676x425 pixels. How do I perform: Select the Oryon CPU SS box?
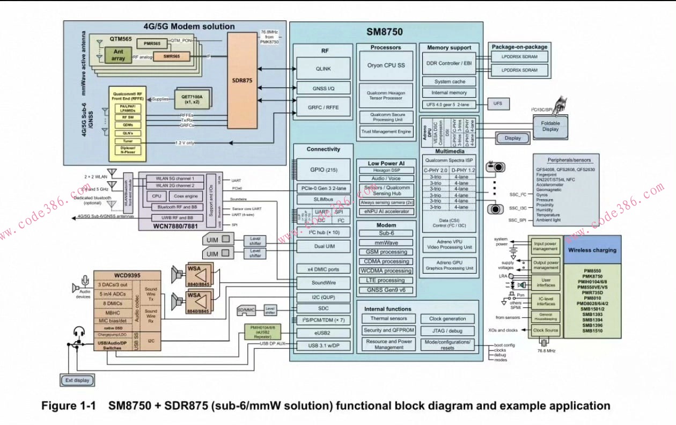coord(386,65)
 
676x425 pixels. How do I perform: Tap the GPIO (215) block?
coord(324,170)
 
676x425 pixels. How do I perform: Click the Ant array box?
coord(118,55)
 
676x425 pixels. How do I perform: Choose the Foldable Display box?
coord(549,126)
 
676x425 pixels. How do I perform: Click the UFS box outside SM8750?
coord(497,104)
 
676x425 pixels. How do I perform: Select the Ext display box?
coord(76,380)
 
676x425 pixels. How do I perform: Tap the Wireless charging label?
coord(592,250)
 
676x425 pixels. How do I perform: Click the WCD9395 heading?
coord(127,275)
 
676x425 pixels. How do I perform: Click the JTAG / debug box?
coord(447,331)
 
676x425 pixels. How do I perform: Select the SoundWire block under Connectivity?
coord(324,283)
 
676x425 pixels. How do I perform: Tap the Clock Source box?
coord(546,331)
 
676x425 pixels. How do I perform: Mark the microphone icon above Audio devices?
coord(85,281)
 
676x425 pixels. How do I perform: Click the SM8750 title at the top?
coord(384,32)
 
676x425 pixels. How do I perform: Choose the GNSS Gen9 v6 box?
coord(385,290)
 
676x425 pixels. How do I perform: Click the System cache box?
coord(450,82)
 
